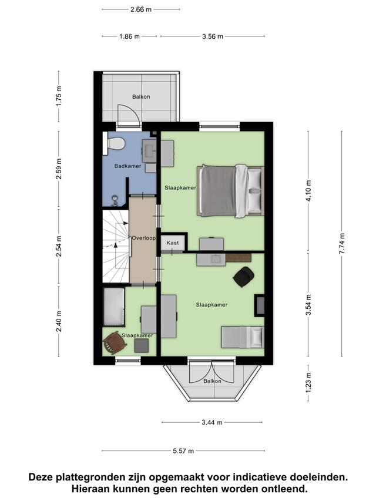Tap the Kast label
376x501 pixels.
[173, 243]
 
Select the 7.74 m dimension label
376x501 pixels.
[342, 244]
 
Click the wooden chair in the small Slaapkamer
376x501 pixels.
[114, 342]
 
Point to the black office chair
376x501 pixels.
[244, 277]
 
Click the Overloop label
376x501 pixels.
[144, 238]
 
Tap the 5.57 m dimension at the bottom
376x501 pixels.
[183, 451]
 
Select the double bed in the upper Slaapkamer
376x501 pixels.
[230, 191]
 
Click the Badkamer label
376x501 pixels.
[128, 166]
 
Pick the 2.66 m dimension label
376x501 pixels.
[141, 9]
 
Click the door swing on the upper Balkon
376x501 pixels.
[129, 113]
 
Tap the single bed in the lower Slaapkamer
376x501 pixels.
[243, 337]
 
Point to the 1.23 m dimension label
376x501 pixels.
[308, 383]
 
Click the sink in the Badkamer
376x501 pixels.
[149, 150]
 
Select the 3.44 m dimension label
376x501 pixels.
[212, 422]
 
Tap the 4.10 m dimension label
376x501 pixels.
[308, 191]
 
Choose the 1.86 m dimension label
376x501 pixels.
[129, 36]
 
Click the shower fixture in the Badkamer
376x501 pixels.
[115, 201]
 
